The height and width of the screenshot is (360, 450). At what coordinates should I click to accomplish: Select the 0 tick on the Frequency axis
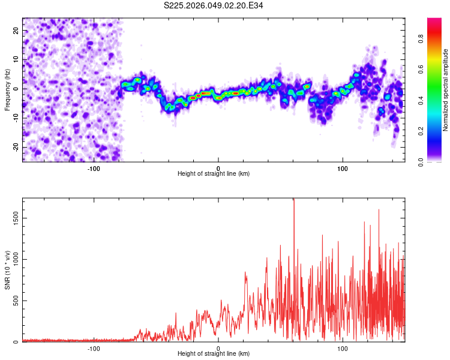(x=17, y=88)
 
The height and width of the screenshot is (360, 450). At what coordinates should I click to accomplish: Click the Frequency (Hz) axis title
(x=7, y=90)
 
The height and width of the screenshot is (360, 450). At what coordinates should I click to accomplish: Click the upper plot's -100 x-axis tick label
(x=94, y=168)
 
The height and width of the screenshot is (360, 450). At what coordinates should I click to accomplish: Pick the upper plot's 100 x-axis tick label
(x=343, y=168)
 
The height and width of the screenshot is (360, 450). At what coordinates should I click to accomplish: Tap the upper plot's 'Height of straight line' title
(x=214, y=174)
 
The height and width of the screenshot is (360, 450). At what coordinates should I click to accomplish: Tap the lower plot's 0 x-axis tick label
(x=218, y=348)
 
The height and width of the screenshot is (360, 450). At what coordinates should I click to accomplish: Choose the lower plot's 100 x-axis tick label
(x=343, y=348)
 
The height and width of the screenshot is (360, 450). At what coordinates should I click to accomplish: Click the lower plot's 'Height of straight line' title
(x=214, y=354)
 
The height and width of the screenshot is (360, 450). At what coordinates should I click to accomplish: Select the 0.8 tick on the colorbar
(x=422, y=38)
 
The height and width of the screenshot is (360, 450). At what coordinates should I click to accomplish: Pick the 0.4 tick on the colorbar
(x=422, y=100)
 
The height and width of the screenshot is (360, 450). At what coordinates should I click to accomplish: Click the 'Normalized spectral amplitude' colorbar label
(x=446, y=90)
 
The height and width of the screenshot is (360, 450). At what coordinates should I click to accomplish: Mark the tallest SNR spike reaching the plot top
(x=294, y=201)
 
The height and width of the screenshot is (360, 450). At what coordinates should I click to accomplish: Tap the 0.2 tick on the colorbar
(x=422, y=131)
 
